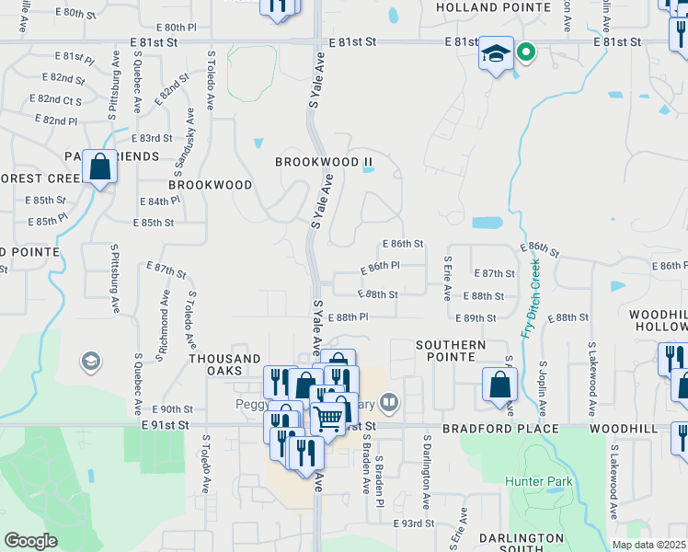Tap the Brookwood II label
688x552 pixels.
(x=325, y=162)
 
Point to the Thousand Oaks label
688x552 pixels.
(x=224, y=359)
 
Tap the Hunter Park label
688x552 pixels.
(x=538, y=481)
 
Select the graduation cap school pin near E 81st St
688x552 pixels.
(x=496, y=54)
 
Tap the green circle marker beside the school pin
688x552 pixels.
(x=525, y=52)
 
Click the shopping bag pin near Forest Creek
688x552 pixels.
(x=100, y=167)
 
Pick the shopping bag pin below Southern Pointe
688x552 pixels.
(x=499, y=385)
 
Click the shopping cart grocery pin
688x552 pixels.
(x=328, y=419)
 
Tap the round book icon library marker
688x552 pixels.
(x=390, y=402)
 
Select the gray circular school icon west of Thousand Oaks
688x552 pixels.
(x=90, y=361)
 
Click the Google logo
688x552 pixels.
(x=30, y=541)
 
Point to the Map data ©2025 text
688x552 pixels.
(x=648, y=545)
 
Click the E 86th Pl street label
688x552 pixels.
(x=378, y=266)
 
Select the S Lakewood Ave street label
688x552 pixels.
(x=613, y=477)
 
